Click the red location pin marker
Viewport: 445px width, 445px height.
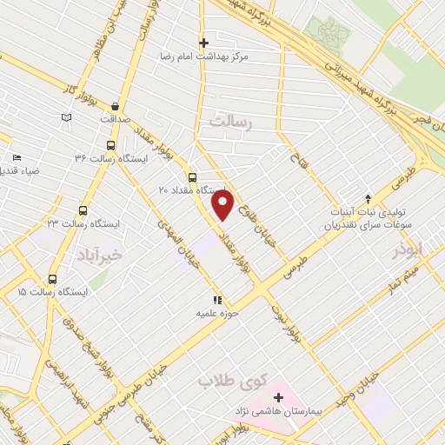(223, 205)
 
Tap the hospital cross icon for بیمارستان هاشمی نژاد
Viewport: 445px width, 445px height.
(278, 397)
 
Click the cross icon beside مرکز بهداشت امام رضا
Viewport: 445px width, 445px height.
(204, 42)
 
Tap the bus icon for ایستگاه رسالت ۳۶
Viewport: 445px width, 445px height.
(110, 146)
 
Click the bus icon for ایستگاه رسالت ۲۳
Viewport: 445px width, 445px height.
(83, 210)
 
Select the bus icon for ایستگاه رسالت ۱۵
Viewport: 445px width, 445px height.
(53, 279)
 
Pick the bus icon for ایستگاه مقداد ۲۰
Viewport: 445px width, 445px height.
(192, 177)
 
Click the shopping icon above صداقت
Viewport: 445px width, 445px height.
(116, 106)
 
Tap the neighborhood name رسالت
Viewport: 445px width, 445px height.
(229, 123)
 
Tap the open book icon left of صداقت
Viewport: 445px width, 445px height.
(67, 116)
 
